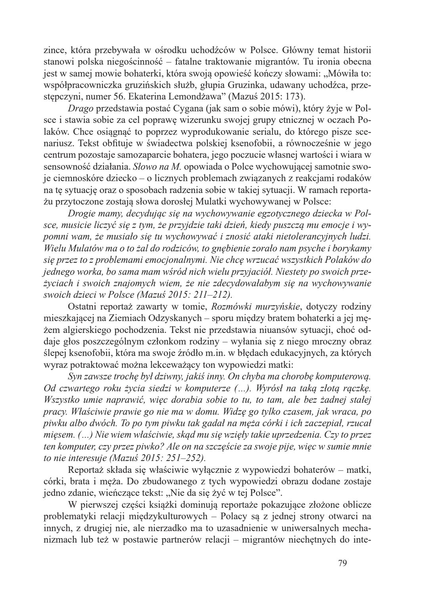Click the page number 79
(342, 563)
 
